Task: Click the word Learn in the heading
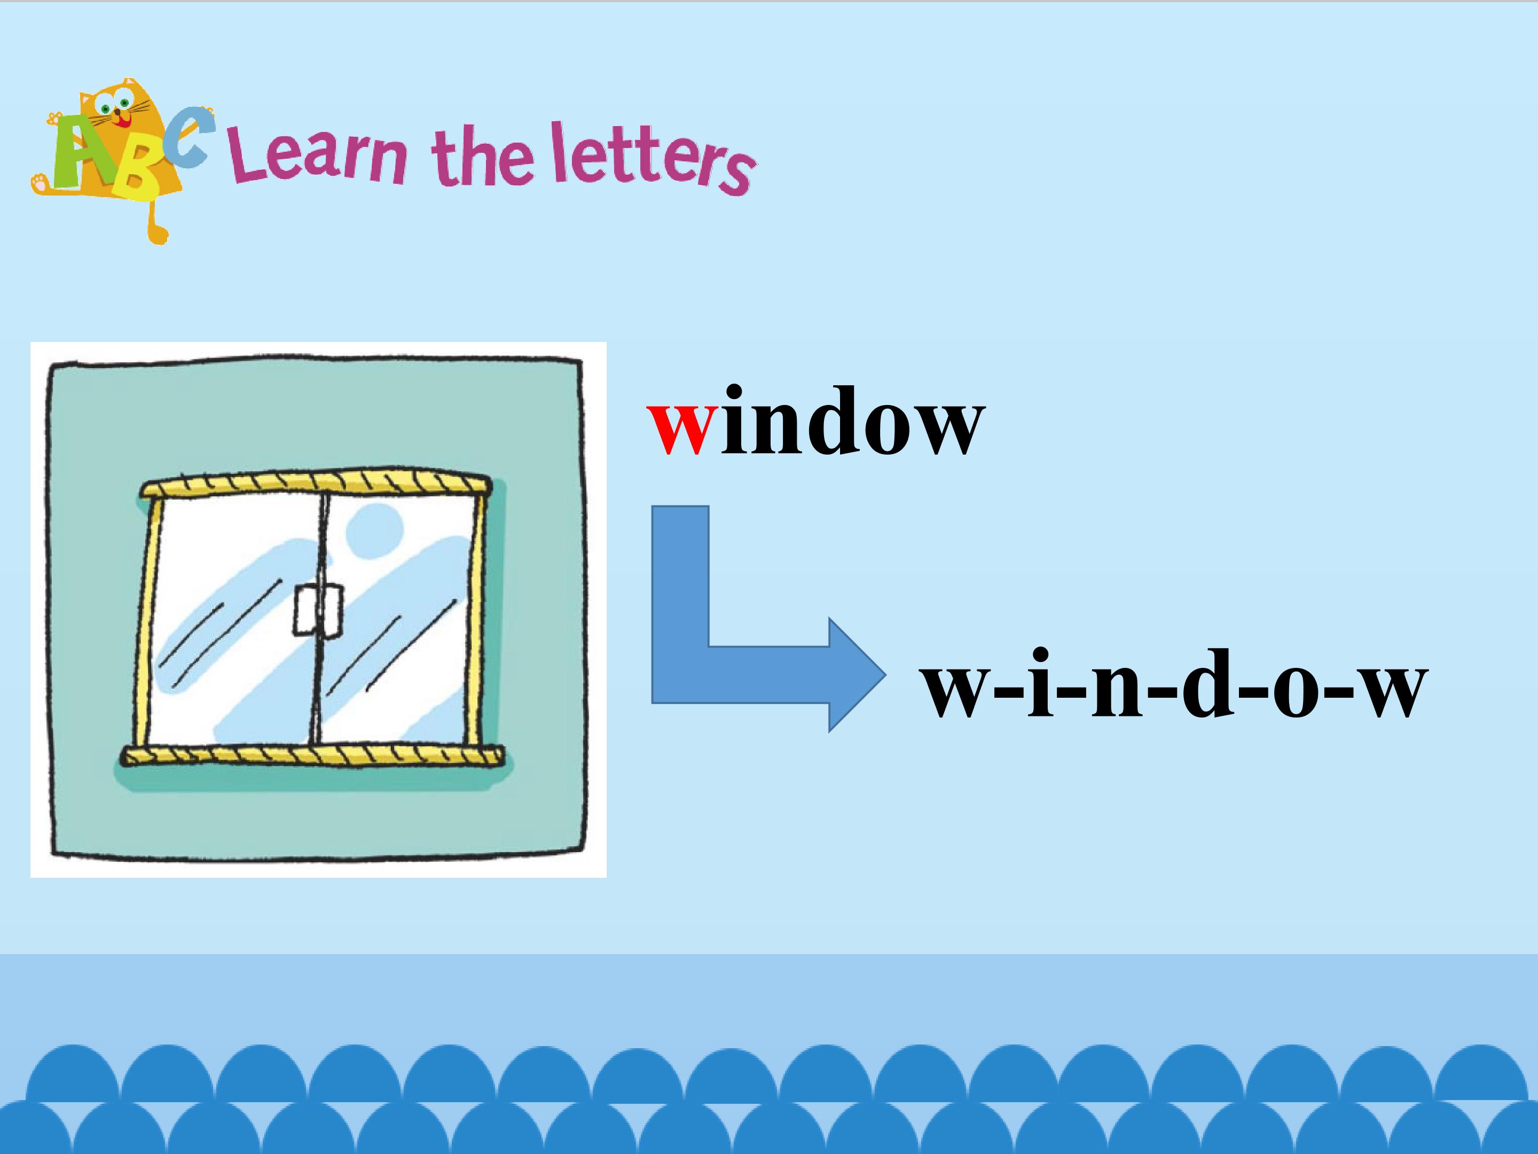coord(320,158)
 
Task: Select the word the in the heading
coord(483,157)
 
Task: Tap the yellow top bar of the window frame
coord(316,483)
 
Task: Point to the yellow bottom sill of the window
coord(312,756)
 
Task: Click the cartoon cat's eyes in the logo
coord(114,106)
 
